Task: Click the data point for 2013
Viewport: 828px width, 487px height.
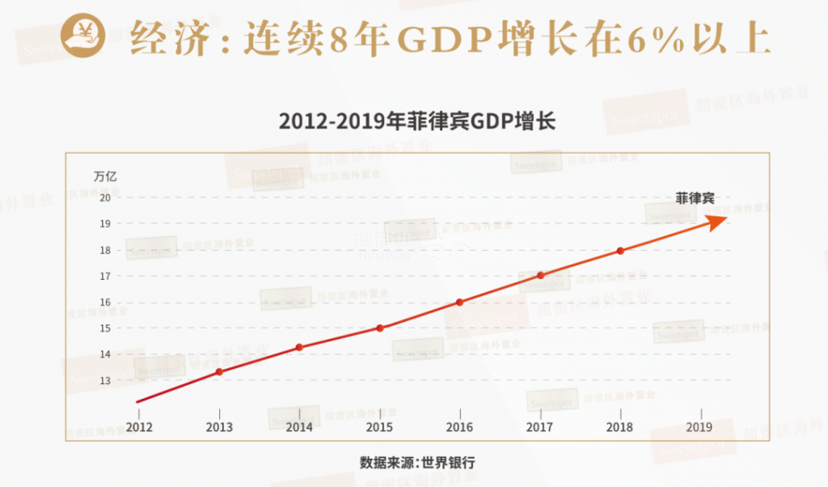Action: click(219, 371)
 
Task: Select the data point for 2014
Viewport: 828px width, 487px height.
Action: click(299, 347)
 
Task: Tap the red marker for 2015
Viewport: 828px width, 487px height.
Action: click(380, 328)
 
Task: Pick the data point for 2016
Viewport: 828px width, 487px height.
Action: click(459, 302)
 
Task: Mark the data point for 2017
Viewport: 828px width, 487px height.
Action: click(540, 275)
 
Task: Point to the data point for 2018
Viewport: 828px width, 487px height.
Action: click(620, 251)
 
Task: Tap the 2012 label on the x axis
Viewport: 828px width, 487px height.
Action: click(139, 427)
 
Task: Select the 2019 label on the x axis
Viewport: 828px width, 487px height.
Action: click(699, 427)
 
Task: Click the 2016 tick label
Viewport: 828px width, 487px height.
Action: click(459, 427)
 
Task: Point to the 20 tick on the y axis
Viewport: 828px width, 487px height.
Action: click(104, 197)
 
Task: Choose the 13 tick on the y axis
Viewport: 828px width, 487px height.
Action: click(104, 380)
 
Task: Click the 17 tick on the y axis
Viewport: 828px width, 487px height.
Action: click(104, 276)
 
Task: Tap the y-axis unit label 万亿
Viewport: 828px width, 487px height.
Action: click(105, 175)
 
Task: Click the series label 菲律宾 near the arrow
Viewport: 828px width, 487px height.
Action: click(695, 197)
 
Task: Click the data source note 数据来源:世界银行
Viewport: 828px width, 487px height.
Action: click(417, 463)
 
